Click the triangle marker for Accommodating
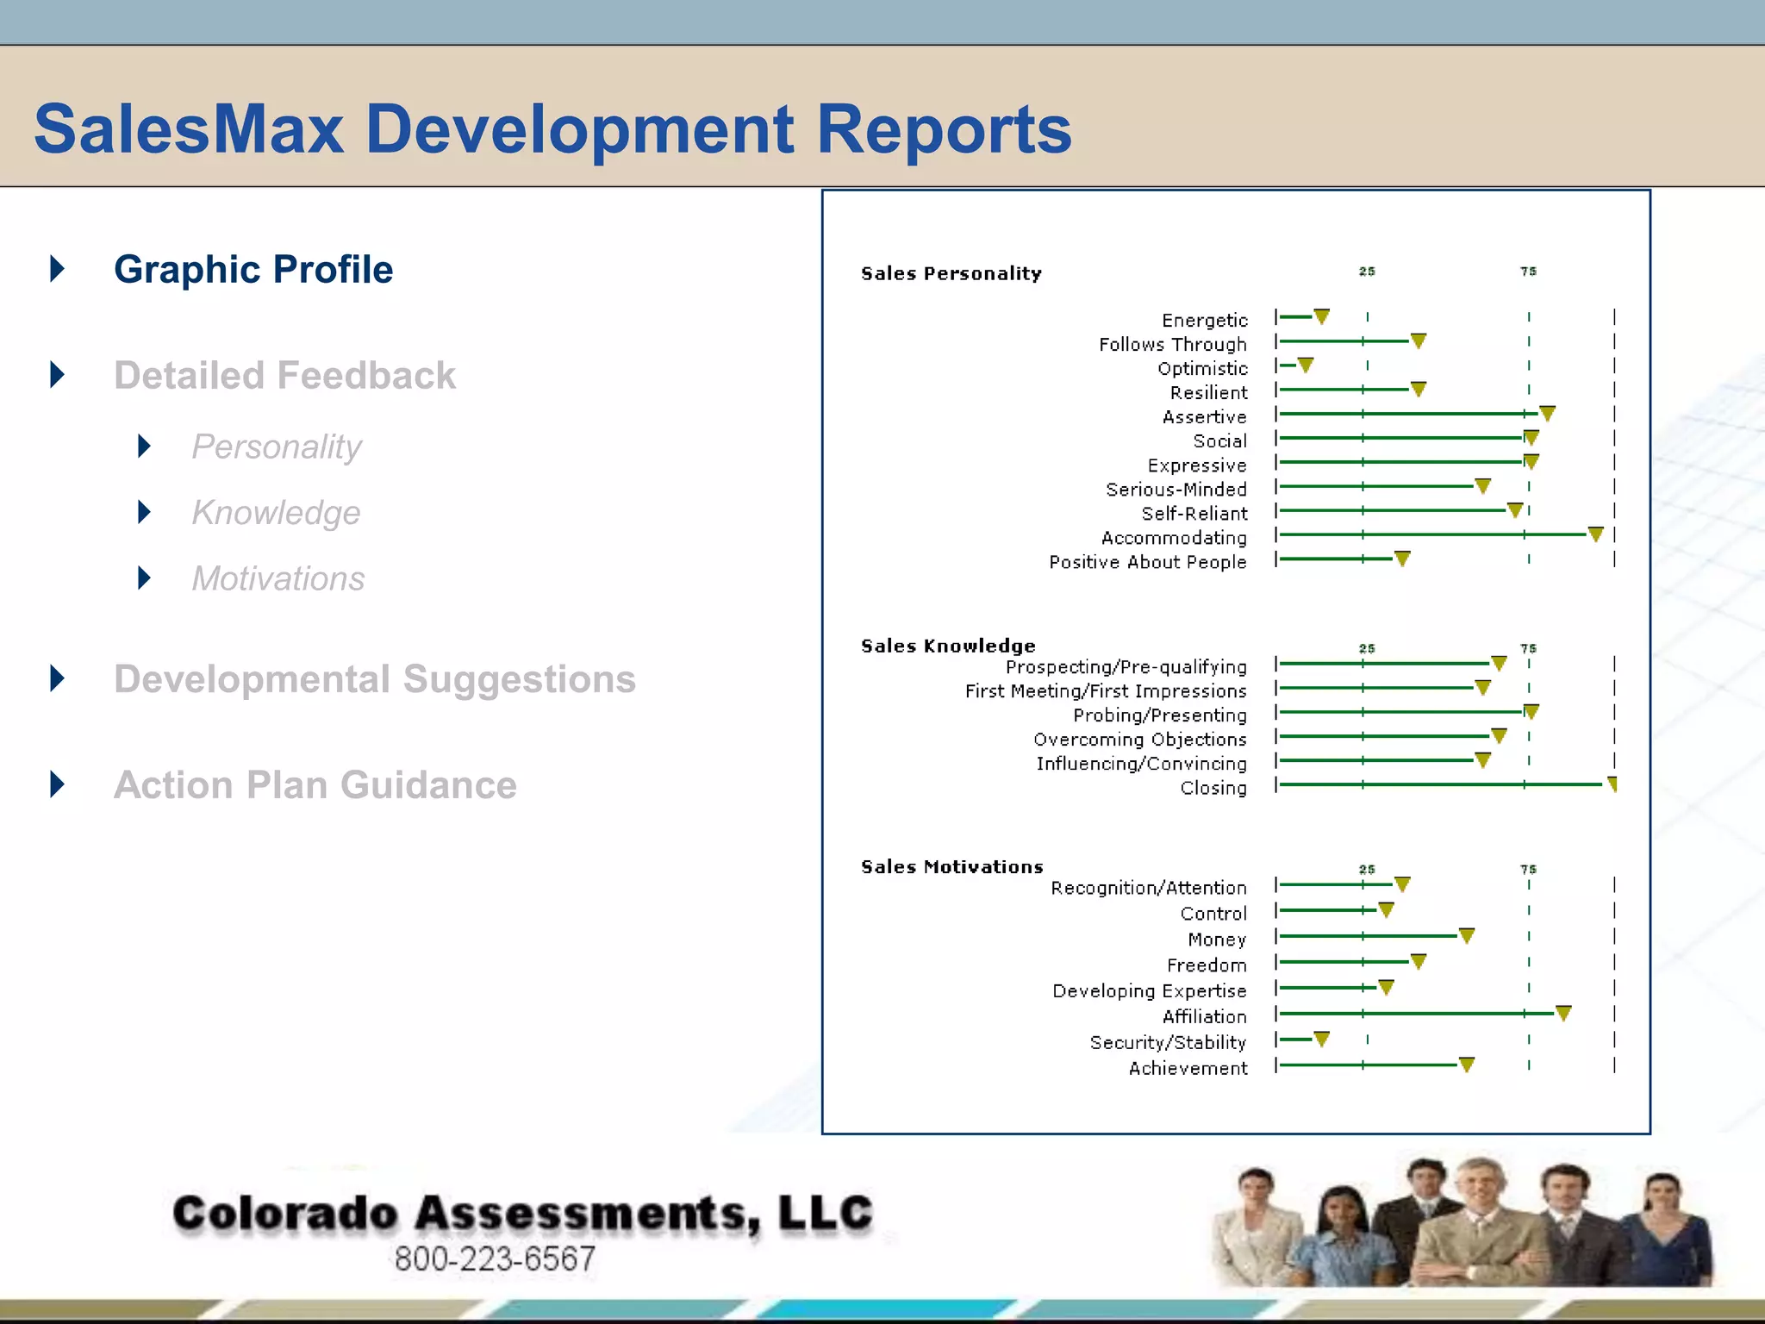pyautogui.click(x=1595, y=534)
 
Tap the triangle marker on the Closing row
pyautogui.click(x=1612, y=784)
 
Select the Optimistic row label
pyautogui.click(x=1202, y=368)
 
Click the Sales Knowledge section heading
pyautogui.click(x=948, y=646)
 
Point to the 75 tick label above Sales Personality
pyautogui.click(x=1528, y=272)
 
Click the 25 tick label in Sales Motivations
pyautogui.click(x=1367, y=869)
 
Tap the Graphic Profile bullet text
pyautogui.click(x=253, y=270)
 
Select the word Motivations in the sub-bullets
pyautogui.click(x=278, y=578)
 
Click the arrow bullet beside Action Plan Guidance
pyautogui.click(x=58, y=784)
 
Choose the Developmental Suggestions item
pyautogui.click(x=375, y=679)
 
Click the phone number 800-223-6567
pyautogui.click(x=495, y=1258)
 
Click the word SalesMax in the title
pyautogui.click(x=189, y=129)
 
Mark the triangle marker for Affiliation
pyautogui.click(x=1563, y=1013)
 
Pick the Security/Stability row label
pyautogui.click(x=1168, y=1042)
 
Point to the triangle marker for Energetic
pyautogui.click(x=1321, y=316)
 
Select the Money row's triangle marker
pyautogui.click(x=1467, y=935)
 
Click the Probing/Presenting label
pyautogui.click(x=1159, y=715)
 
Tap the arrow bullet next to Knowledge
pyautogui.click(x=145, y=512)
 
